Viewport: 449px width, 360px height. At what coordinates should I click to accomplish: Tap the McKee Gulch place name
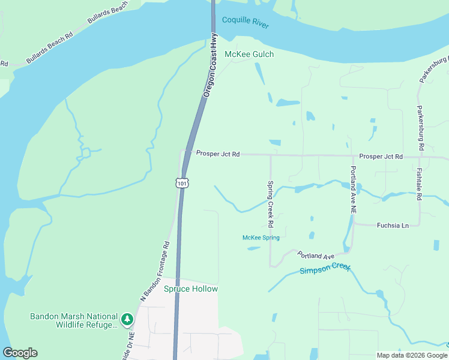(x=249, y=55)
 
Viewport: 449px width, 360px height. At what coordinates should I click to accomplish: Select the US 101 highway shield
(x=182, y=182)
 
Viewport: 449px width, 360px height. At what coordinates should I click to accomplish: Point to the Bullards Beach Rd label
(x=49, y=49)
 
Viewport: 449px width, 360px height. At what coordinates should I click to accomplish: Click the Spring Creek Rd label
(x=271, y=204)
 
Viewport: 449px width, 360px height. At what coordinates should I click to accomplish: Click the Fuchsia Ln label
(x=393, y=226)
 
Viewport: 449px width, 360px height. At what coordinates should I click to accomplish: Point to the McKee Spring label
(x=261, y=238)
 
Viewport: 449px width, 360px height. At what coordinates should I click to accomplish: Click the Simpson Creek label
(x=324, y=270)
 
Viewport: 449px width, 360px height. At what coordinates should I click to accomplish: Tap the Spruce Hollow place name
(x=191, y=289)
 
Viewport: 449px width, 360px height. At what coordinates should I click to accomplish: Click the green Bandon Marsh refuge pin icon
(x=127, y=320)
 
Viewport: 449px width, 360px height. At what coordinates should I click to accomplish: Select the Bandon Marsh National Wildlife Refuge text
(x=74, y=320)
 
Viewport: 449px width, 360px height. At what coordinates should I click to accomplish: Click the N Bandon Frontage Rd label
(x=156, y=271)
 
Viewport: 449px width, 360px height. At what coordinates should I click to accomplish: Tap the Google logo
(x=20, y=353)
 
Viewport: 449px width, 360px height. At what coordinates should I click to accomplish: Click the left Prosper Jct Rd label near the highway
(x=218, y=154)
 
